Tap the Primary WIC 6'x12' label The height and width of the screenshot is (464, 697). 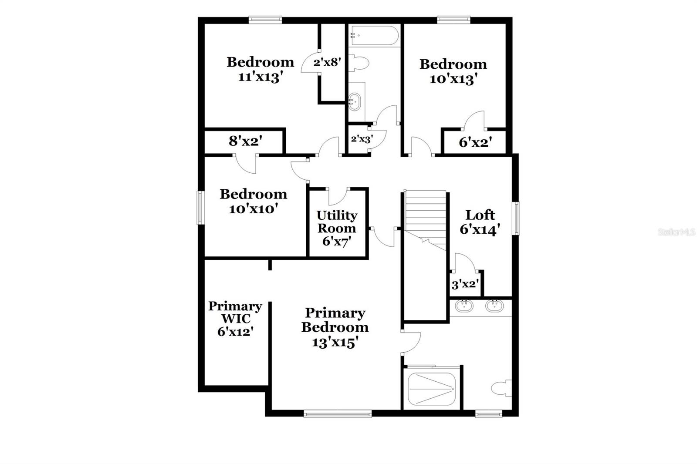pyautogui.click(x=235, y=319)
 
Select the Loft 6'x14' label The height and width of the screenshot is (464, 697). pyautogui.click(x=480, y=222)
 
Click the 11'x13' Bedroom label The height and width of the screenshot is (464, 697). pyautogui.click(x=261, y=69)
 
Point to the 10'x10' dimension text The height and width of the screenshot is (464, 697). pyautogui.click(x=254, y=209)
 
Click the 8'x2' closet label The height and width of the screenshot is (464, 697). pyautogui.click(x=245, y=141)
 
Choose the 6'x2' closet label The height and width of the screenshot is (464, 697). pyautogui.click(x=475, y=142)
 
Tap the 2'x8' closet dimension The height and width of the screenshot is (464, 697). pyautogui.click(x=326, y=62)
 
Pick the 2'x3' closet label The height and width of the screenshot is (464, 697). pyautogui.click(x=362, y=140)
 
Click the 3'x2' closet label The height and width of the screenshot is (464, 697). pyautogui.click(x=465, y=285)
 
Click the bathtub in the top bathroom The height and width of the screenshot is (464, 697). pyautogui.click(x=374, y=35)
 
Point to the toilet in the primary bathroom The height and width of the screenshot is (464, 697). pyautogui.click(x=501, y=387)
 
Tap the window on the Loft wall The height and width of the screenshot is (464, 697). pyautogui.click(x=516, y=218)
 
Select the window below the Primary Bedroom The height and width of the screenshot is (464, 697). pyautogui.click(x=338, y=414)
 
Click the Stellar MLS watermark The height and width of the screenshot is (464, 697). pyautogui.click(x=677, y=232)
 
